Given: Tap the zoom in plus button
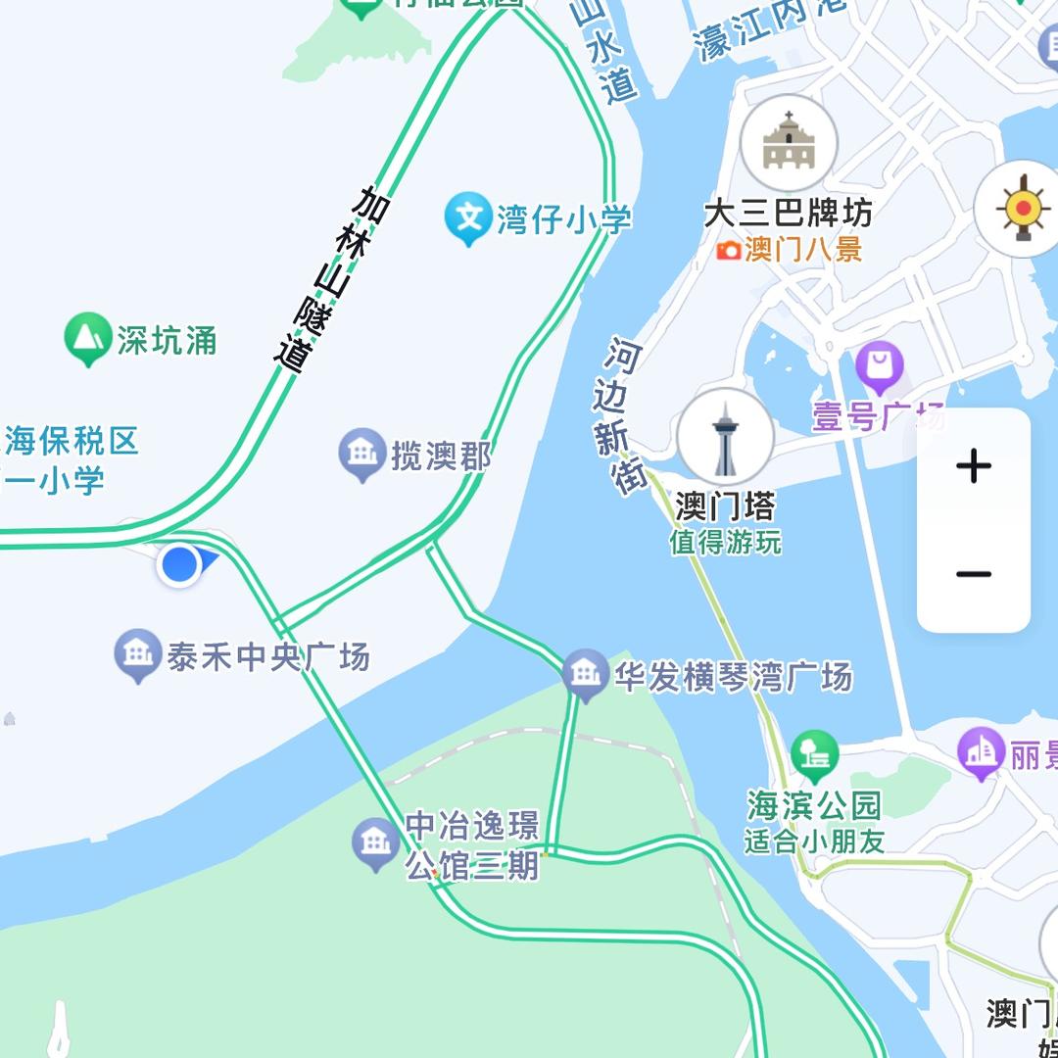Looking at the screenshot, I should (973, 465).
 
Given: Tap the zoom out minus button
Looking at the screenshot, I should (973, 575).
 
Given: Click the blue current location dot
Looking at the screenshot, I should (180, 565).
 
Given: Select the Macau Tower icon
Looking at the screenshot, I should (725, 437).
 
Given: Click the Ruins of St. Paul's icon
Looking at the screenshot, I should (789, 143).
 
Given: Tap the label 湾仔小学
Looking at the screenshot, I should (563, 219).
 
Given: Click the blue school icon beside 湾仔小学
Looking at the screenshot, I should (468, 217).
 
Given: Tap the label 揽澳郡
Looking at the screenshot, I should (441, 456).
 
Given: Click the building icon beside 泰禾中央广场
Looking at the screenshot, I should (138, 653).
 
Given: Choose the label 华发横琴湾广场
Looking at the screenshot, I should (733, 677).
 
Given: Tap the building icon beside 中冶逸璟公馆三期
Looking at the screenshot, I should (376, 843).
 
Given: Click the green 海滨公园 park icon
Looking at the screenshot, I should (815, 755).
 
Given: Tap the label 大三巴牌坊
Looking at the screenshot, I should (788, 213).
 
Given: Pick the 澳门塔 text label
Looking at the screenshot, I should (725, 506).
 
